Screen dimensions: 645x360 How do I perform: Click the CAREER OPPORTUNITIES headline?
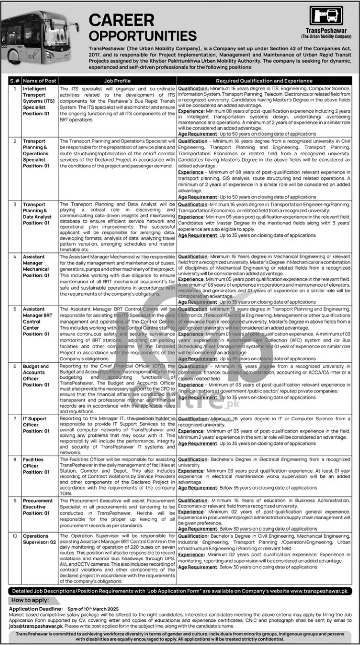coord(143,28)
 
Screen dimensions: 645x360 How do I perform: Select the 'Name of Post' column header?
coord(39,81)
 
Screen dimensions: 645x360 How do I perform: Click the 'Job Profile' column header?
coord(117,81)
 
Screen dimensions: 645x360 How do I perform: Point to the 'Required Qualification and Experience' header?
coord(264,81)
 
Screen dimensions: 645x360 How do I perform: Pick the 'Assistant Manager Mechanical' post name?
coord(36,266)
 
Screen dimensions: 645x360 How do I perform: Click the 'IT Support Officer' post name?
coord(34,422)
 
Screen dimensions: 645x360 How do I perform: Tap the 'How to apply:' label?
coord(30,600)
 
